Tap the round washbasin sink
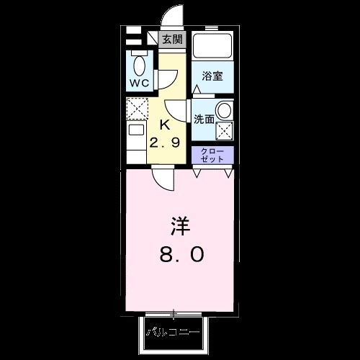225,111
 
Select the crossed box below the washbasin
225,131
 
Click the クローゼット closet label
212,156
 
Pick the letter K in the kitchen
164,124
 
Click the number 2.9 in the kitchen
164,142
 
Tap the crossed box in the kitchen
137,109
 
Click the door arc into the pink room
164,180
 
